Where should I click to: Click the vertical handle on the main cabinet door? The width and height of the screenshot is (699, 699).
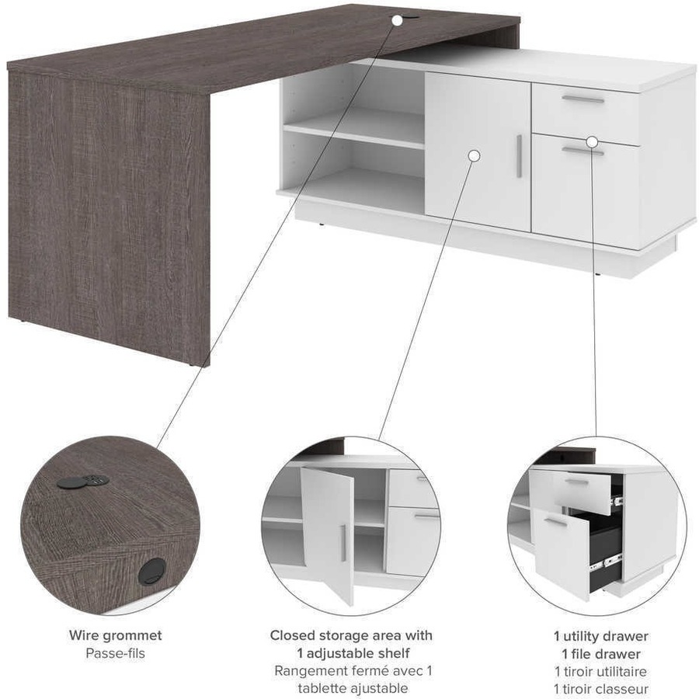point(519,156)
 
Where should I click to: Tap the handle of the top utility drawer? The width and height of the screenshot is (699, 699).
point(582,99)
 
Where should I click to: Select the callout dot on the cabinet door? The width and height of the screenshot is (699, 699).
point(475,156)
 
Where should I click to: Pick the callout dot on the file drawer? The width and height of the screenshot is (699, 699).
point(592,142)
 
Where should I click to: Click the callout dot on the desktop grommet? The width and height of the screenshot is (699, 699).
point(397,20)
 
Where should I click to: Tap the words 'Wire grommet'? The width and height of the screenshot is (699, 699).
point(116,635)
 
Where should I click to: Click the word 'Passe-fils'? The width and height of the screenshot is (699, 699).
point(116,653)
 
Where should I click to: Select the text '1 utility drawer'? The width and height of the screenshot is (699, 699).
point(600,635)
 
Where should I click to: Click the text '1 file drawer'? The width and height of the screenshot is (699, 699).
point(600,654)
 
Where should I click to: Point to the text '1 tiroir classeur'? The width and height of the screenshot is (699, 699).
point(600,689)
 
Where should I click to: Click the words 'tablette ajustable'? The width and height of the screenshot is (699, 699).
point(353,688)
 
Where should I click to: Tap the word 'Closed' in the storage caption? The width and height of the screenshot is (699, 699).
point(292,635)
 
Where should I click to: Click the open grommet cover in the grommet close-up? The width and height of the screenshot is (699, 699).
point(68,483)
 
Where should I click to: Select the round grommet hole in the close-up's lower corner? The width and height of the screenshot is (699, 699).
point(152,572)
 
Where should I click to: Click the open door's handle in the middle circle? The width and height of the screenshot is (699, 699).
point(343,543)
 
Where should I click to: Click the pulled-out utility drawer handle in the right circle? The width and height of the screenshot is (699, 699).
point(577,482)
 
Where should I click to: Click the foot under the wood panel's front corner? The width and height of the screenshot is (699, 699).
point(192,365)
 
